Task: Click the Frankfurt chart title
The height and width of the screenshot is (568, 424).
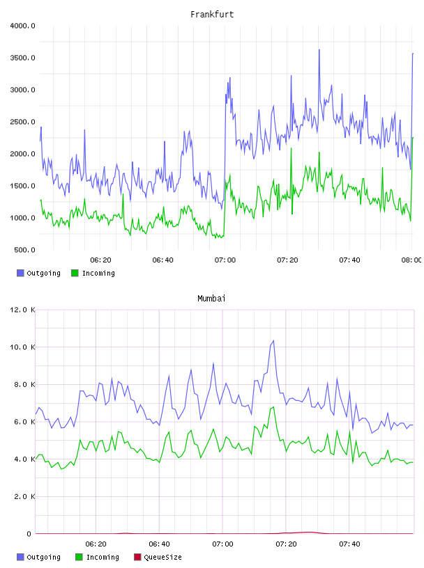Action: click(x=212, y=15)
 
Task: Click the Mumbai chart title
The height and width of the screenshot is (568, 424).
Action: click(x=211, y=299)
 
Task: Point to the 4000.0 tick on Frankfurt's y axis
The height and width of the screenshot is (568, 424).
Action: click(x=22, y=26)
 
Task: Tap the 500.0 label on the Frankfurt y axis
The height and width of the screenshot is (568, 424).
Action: click(x=24, y=250)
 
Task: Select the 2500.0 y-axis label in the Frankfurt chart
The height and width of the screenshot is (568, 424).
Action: click(x=22, y=122)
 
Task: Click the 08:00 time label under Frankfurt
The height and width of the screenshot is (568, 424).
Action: click(x=411, y=260)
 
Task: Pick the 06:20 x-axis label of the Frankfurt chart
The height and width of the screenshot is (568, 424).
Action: click(x=100, y=260)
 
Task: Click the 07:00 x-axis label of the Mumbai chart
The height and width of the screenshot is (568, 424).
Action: click(x=222, y=544)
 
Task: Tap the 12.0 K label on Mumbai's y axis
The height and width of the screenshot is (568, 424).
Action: click(x=22, y=310)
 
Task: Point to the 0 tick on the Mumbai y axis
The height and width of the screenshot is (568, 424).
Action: click(x=29, y=534)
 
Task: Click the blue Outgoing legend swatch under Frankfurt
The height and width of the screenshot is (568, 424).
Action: click(x=20, y=273)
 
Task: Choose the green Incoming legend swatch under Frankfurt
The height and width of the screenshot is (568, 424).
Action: click(x=75, y=273)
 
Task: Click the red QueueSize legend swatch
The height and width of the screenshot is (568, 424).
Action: click(x=137, y=557)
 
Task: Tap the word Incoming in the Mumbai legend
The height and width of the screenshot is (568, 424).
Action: click(x=103, y=557)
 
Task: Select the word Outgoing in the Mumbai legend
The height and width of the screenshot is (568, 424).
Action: click(x=43, y=557)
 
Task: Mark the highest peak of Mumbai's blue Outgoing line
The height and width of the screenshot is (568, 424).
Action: click(x=273, y=340)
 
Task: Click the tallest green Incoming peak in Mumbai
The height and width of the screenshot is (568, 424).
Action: click(x=273, y=407)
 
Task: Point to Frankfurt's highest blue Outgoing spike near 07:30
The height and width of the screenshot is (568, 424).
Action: click(x=319, y=49)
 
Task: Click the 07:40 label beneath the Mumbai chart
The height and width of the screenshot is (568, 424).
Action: click(x=349, y=544)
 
